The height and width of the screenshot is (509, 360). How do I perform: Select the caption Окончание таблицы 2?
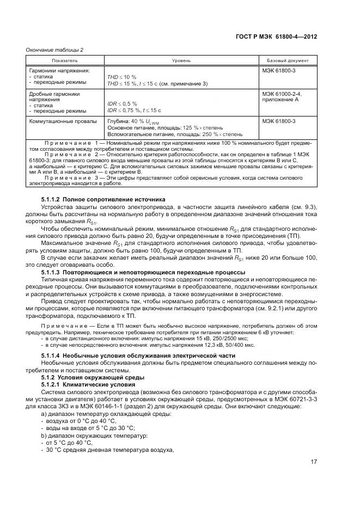[54, 50]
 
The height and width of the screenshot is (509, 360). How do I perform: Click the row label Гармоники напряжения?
[59, 71]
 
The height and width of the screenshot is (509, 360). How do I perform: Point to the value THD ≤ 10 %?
[121, 77]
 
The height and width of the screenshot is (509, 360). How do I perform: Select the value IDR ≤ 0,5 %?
[122, 103]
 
